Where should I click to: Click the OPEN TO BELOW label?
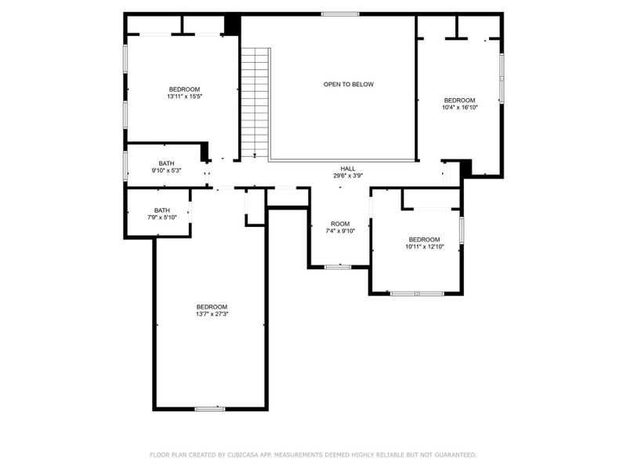point(349,84)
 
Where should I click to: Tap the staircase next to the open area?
point(255,102)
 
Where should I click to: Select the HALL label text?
point(348,168)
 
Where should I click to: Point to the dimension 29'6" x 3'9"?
point(348,176)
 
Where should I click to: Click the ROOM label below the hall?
point(340,224)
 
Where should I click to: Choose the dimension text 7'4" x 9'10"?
point(340,232)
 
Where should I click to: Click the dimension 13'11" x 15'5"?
point(184,97)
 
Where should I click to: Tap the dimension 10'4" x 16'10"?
point(459,108)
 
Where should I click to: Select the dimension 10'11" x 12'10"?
point(424,246)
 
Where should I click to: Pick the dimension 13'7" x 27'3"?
point(212,314)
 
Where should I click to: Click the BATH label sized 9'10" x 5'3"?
point(167,162)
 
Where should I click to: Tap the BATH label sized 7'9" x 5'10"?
point(161,210)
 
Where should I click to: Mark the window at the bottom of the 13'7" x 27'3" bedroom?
point(210,408)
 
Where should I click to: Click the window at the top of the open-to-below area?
point(340,13)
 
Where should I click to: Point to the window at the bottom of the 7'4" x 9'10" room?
point(338,267)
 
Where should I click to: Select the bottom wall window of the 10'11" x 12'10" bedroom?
point(417,294)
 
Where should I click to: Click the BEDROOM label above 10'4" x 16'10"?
point(459,100)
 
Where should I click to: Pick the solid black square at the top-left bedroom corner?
point(231,24)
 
